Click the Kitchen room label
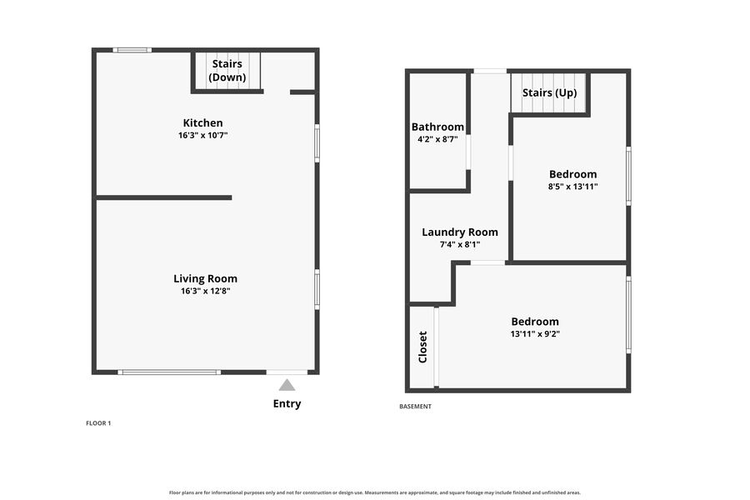click(202, 123)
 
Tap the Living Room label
click(205, 278)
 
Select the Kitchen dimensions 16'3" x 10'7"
click(202, 135)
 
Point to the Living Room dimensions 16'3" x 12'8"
click(205, 291)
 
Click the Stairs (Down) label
click(227, 70)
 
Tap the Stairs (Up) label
click(550, 92)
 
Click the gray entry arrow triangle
click(287, 385)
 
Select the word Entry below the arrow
click(287, 404)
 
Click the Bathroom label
click(437, 127)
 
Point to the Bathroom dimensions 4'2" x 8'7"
click(437, 140)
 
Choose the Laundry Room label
click(460, 232)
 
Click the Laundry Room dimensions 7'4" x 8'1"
click(460, 245)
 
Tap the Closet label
click(422, 347)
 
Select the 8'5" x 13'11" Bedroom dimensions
click(573, 187)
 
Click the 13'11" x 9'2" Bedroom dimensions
click(535, 334)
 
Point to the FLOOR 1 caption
click(98, 423)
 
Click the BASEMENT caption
click(415, 407)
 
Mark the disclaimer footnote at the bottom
click(375, 492)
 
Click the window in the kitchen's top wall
click(132, 50)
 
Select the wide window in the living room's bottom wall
click(169, 372)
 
